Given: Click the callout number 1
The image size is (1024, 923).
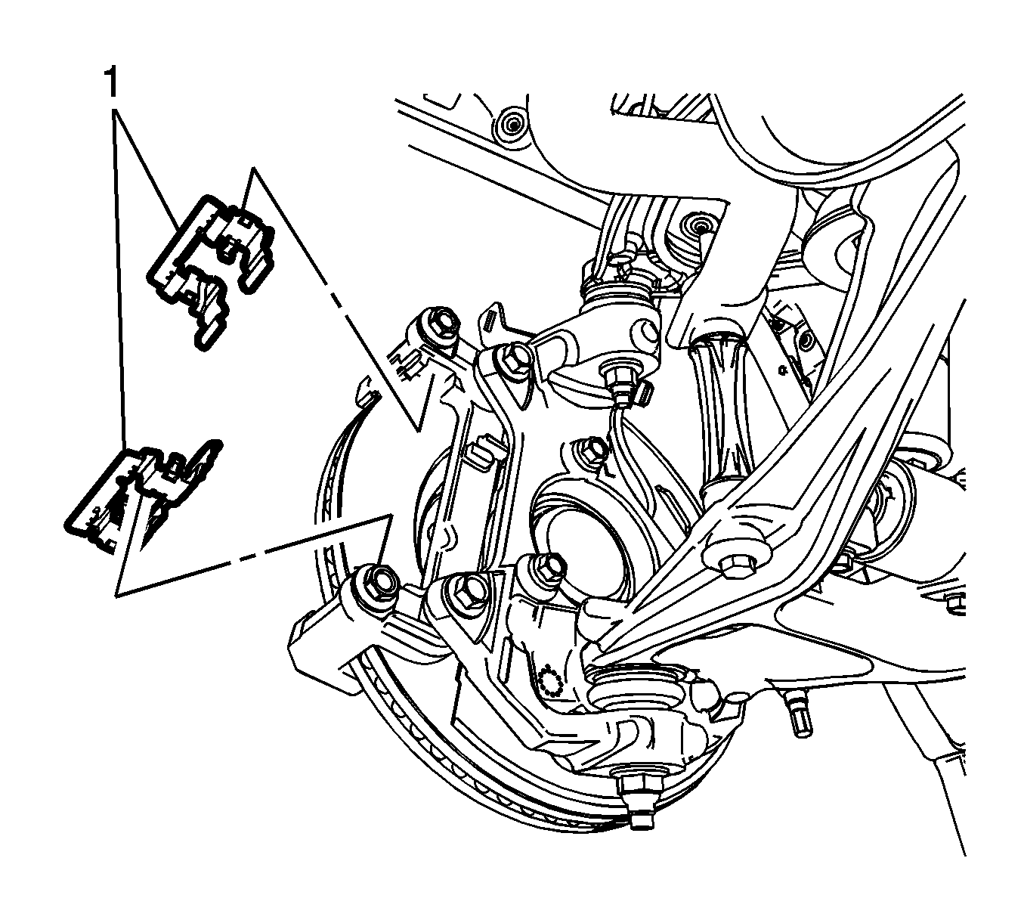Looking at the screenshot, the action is pos(111,82).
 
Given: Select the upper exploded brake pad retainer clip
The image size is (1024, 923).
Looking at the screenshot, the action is pos(210,271).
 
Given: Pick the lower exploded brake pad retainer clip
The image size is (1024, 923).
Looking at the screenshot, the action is pos(144,497).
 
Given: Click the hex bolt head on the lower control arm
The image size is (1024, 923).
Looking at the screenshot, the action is pos(736,567).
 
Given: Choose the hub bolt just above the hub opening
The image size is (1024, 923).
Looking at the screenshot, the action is pos(592,450).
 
